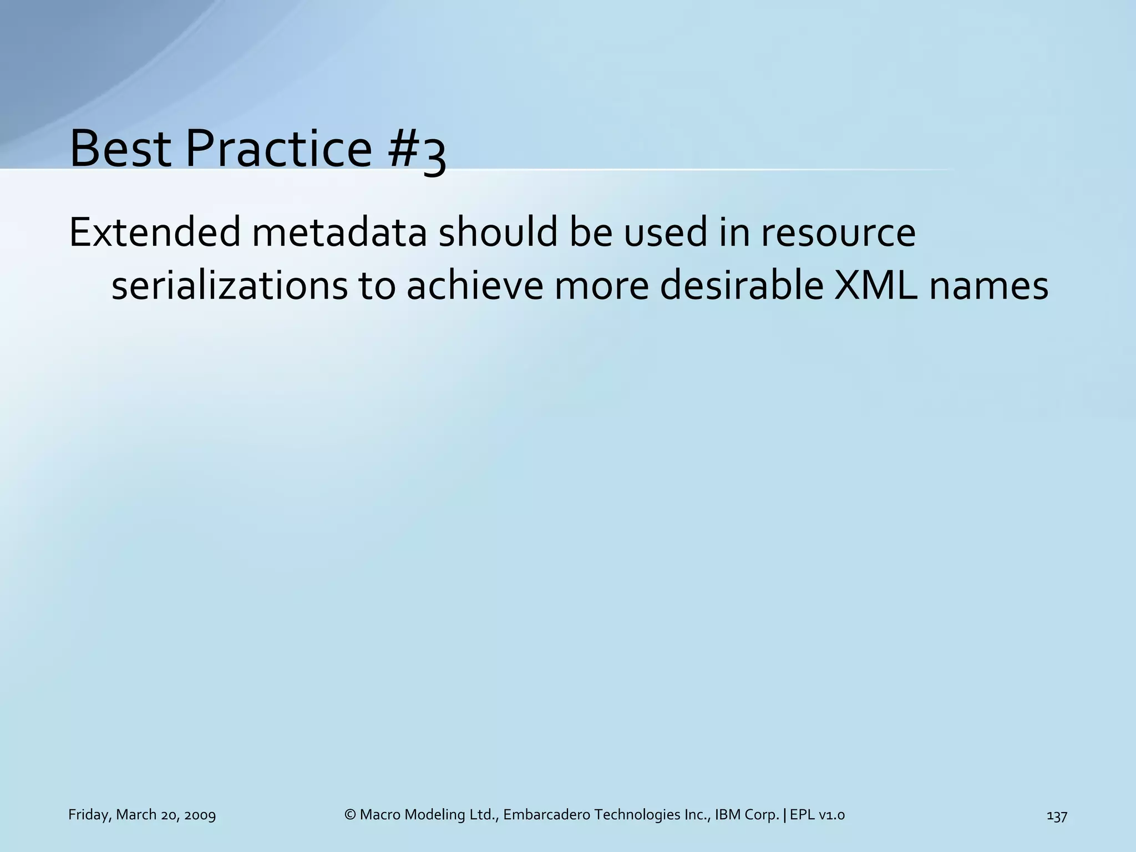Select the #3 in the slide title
tap(417, 152)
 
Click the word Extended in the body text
tap(155, 233)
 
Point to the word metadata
tap(339, 233)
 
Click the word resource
tap(838, 233)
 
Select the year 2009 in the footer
tap(200, 815)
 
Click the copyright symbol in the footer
tap(349, 815)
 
